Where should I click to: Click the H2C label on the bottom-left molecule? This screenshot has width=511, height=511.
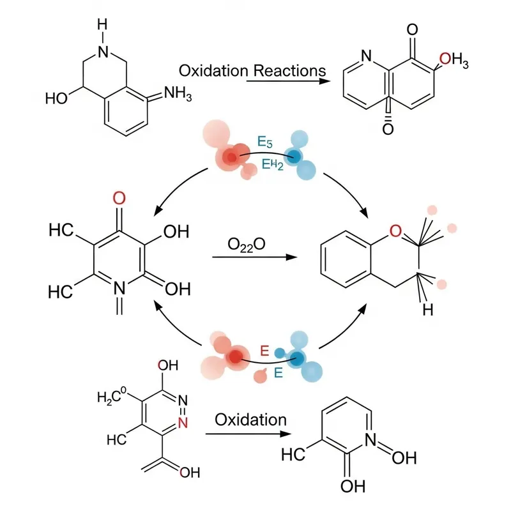(112, 398)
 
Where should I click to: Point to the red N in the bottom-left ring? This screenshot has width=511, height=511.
(183, 422)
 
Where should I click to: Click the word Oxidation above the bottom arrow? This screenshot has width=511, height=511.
(250, 420)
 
